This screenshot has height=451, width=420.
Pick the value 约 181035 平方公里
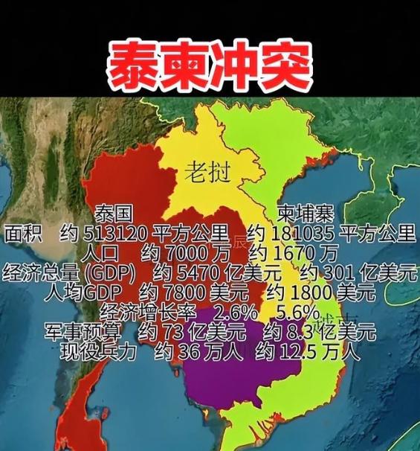(x=332, y=234)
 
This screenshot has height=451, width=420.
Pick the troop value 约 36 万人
(x=194, y=350)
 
